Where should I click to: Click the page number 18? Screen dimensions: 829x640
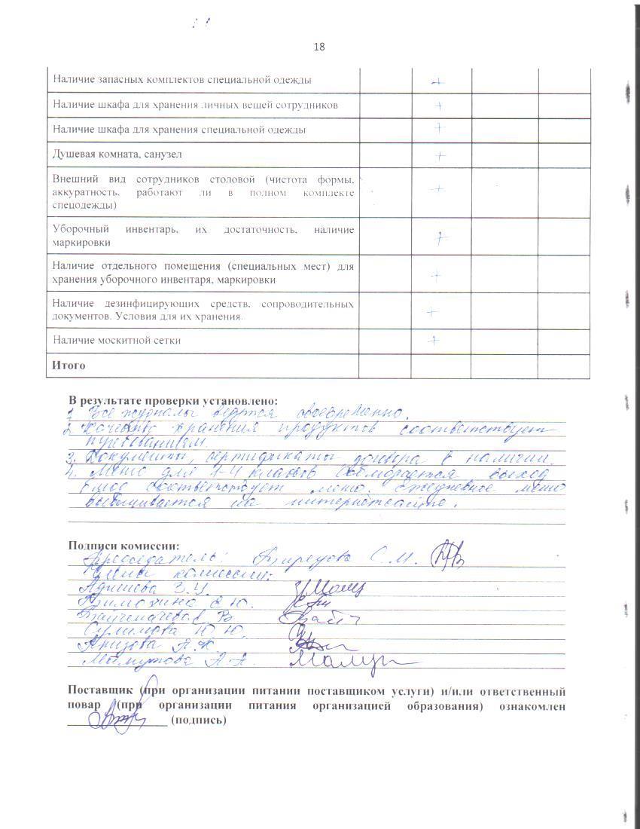318,47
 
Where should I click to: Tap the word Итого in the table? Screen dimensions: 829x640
69,366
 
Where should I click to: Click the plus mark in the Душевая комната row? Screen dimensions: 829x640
440,155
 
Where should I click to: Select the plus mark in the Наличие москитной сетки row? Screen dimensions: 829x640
433,340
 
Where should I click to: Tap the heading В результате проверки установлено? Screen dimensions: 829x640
172,400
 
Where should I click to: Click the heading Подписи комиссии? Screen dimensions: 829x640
124,545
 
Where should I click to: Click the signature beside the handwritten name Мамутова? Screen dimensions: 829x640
350,661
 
